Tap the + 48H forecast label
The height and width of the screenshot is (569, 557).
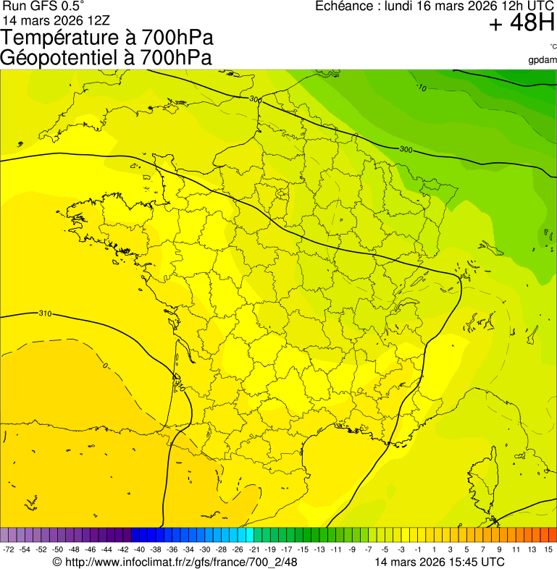pos(522,24)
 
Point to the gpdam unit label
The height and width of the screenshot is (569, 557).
pos(543,59)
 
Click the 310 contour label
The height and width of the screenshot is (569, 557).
pos(45,313)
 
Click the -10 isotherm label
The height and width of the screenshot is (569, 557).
pos(422,88)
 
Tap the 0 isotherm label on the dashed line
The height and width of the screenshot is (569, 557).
pos(104,366)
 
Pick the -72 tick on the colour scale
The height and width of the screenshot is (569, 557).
pos(9,550)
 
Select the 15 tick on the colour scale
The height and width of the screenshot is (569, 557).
pos(548,550)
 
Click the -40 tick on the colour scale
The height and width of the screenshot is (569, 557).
pos(138,550)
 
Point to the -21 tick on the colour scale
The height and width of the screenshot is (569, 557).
pos(254,550)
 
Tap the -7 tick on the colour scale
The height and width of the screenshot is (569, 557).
pos(369,550)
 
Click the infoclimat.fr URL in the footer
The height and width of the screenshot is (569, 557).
pos(181,562)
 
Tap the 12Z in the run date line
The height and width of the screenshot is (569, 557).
pos(99,20)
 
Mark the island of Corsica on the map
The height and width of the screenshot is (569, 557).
pos(484,478)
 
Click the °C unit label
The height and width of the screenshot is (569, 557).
pos(553,47)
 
